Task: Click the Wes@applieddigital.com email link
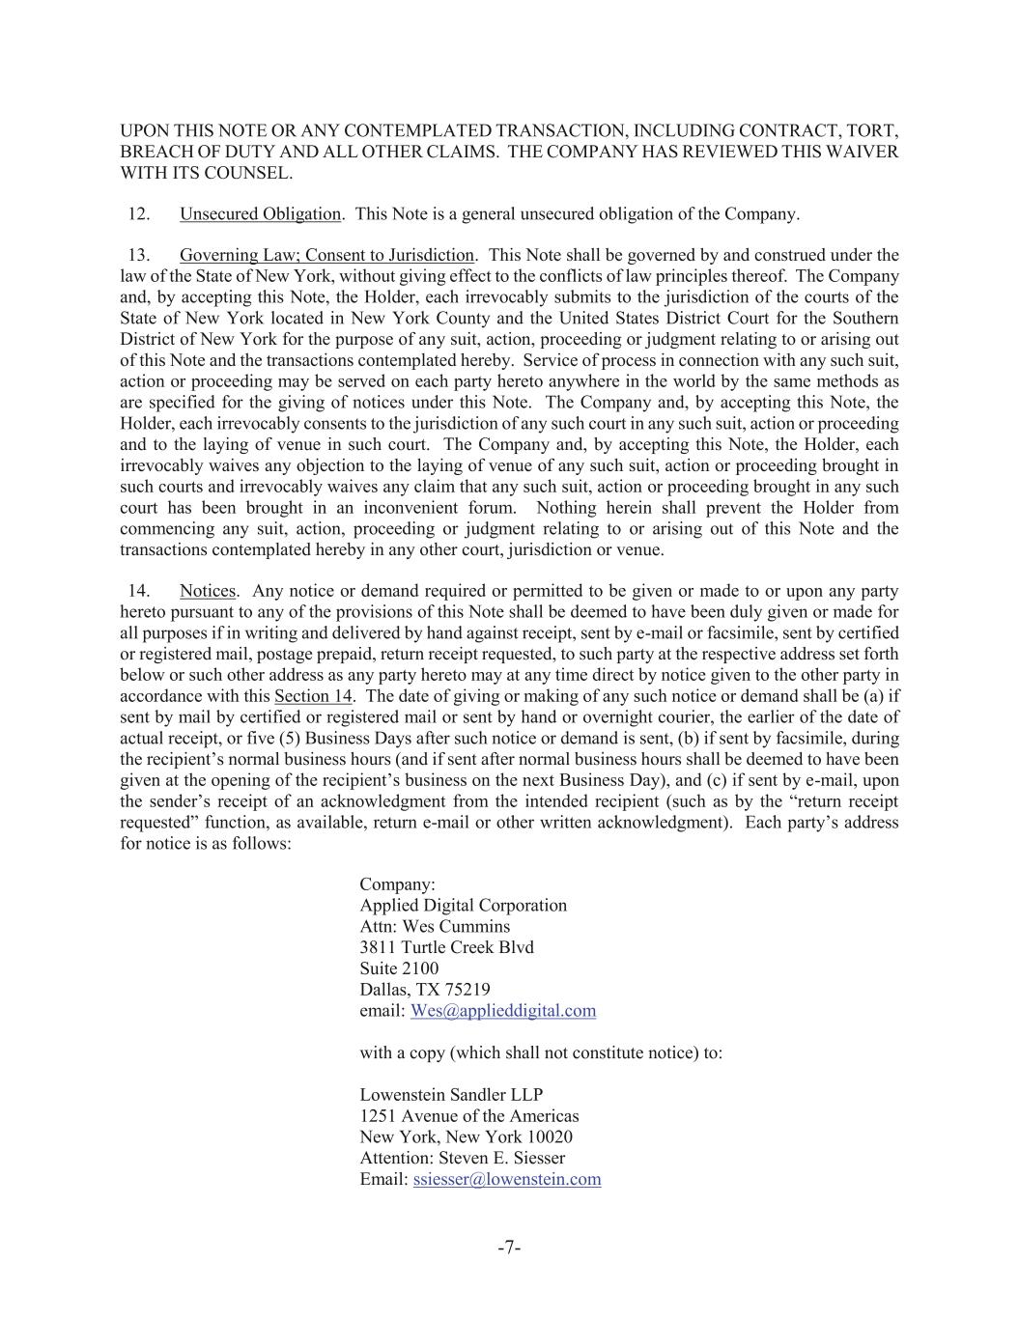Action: [502, 1011]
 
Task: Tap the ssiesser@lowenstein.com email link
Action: [506, 1179]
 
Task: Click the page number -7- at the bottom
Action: [509, 1248]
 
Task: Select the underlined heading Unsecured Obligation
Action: [260, 214]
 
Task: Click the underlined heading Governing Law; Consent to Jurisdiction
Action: [326, 256]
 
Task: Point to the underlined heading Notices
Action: [207, 591]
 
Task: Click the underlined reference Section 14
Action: [313, 696]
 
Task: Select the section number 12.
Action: [138, 214]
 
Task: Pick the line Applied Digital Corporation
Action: [463, 906]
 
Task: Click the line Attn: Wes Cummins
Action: [435, 927]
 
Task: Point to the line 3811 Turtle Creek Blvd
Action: [446, 947]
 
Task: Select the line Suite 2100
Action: [399, 968]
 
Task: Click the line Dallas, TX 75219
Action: [424, 990]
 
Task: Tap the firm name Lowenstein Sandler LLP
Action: [451, 1095]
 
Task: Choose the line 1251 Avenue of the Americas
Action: [468, 1116]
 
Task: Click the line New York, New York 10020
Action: [466, 1137]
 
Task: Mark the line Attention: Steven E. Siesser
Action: [462, 1158]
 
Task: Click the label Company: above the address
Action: [397, 884]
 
